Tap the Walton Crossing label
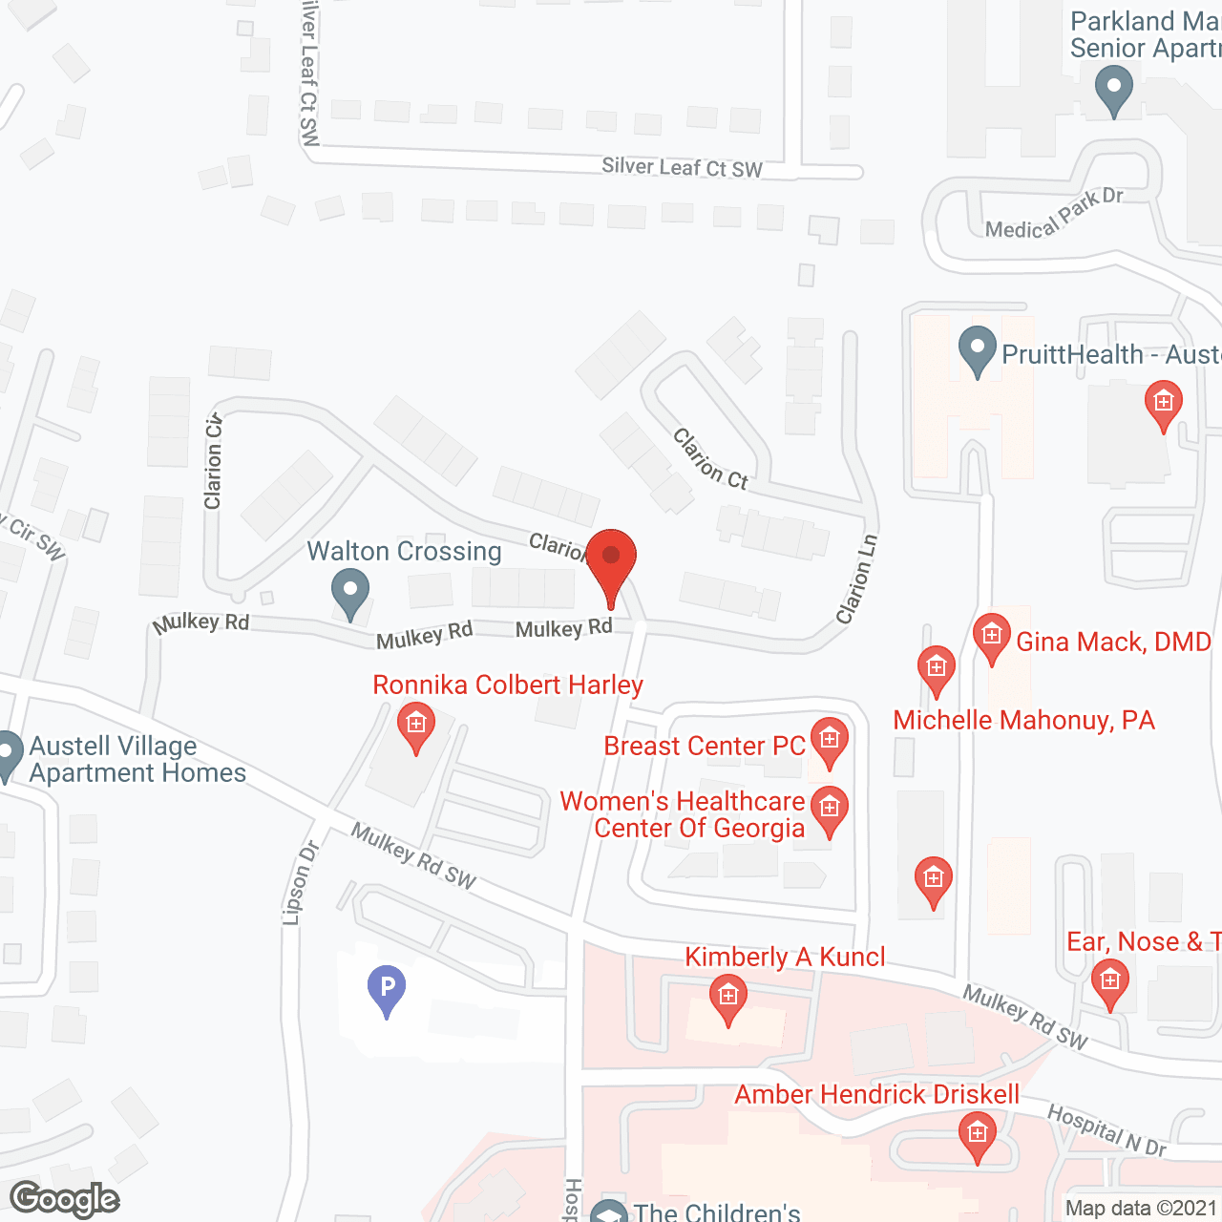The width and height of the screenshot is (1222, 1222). tap(404, 552)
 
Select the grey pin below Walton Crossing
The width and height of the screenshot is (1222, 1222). tap(350, 593)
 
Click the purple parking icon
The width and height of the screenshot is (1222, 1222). tap(387, 989)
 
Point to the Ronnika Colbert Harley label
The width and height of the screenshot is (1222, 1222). tap(508, 685)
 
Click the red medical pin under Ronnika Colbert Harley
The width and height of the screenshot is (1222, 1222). tap(416, 727)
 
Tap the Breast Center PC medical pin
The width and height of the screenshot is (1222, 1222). tap(829, 742)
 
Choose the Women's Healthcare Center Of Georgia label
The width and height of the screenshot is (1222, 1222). tap(683, 814)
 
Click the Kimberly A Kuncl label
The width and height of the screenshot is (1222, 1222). tap(785, 957)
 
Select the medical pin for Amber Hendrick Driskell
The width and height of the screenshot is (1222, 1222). tap(977, 1137)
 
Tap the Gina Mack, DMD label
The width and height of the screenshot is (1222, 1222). tap(1113, 642)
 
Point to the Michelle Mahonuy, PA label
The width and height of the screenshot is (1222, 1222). tap(1023, 720)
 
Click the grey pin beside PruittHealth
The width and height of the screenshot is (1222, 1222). tap(977, 350)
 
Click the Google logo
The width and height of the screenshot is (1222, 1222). tap(65, 1199)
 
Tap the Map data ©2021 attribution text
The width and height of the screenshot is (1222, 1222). tap(1142, 1209)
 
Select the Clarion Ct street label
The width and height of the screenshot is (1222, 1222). tap(710, 458)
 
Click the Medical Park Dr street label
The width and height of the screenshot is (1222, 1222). tap(1054, 214)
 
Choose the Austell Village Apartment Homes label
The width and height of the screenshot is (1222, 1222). tap(137, 759)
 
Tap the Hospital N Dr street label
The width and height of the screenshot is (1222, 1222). tap(1106, 1130)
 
